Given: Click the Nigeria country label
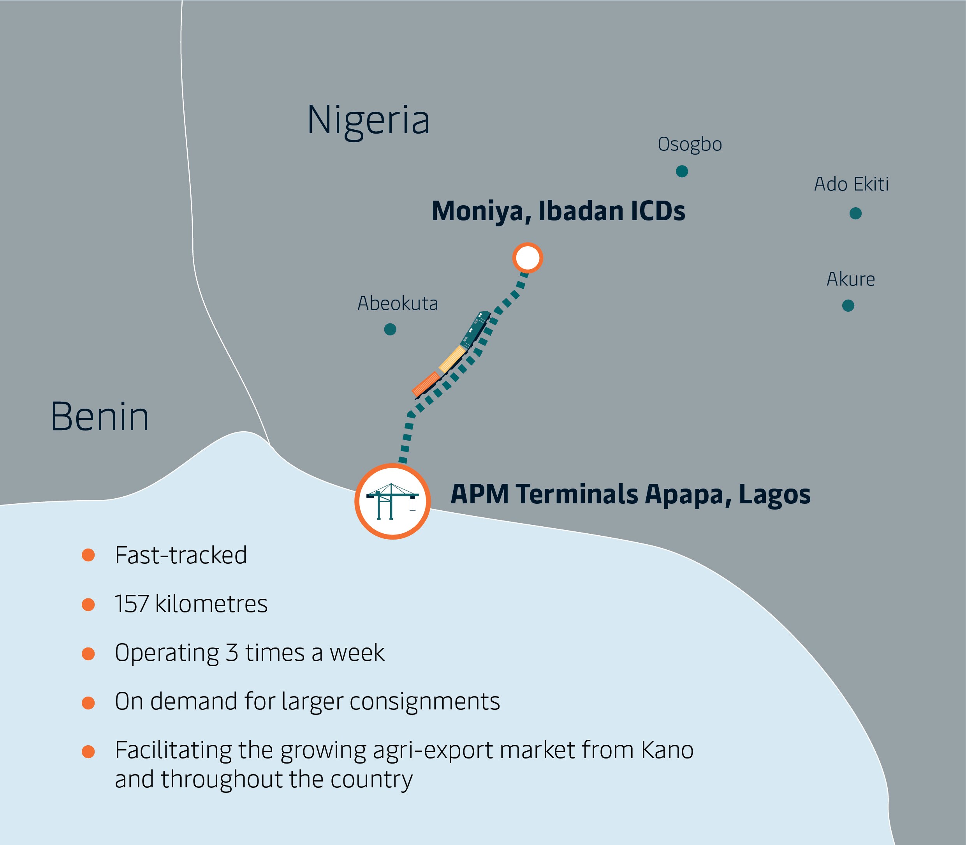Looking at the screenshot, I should (x=368, y=121).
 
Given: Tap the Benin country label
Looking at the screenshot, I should (x=100, y=417).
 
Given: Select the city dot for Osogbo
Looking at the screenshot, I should (x=681, y=171).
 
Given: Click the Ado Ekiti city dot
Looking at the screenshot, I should (x=855, y=213).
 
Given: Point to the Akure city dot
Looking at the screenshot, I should (x=848, y=305).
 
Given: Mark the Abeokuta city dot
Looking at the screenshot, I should (x=390, y=329).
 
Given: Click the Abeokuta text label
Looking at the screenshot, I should (x=398, y=303).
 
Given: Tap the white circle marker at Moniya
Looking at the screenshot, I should (x=527, y=258).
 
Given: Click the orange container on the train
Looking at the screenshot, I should (x=426, y=383).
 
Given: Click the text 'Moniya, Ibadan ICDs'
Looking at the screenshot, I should (x=558, y=211).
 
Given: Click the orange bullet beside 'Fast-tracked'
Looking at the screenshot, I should (x=88, y=555).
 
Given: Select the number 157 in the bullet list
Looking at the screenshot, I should (x=132, y=604).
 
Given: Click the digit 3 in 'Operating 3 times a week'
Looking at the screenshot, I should (x=231, y=653).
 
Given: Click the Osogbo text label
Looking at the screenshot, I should (x=690, y=144).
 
